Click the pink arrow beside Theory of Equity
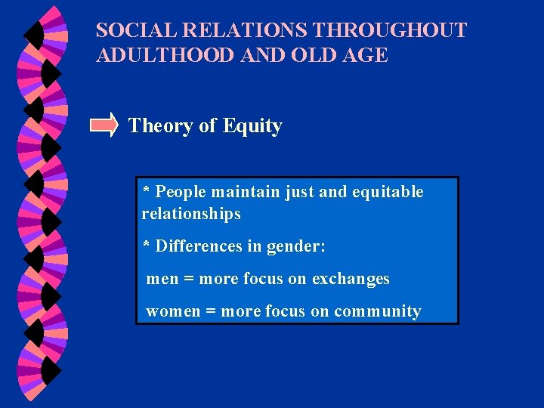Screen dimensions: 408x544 point(104,125)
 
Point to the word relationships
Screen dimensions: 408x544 point(191,214)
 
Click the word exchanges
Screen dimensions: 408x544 point(351,279)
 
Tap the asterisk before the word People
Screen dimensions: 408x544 point(147,190)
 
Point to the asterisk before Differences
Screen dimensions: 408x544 point(147,245)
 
